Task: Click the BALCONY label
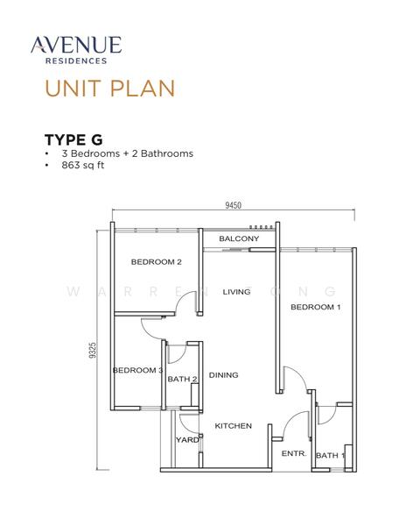(x=239, y=238)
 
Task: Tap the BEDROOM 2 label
(x=156, y=261)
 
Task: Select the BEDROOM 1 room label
(x=316, y=307)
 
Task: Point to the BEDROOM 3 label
(x=137, y=370)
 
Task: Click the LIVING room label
(x=236, y=292)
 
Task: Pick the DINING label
(x=223, y=374)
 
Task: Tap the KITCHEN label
(x=233, y=426)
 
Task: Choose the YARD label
(x=187, y=439)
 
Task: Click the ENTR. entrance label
(x=294, y=453)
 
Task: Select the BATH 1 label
(x=330, y=455)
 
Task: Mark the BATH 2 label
(x=182, y=379)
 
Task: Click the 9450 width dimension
(x=233, y=205)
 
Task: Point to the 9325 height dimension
(x=93, y=350)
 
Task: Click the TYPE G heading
(x=73, y=139)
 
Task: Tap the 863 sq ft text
(x=83, y=165)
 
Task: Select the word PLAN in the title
(x=143, y=89)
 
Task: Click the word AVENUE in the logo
(x=76, y=45)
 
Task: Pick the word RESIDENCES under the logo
(x=76, y=60)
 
